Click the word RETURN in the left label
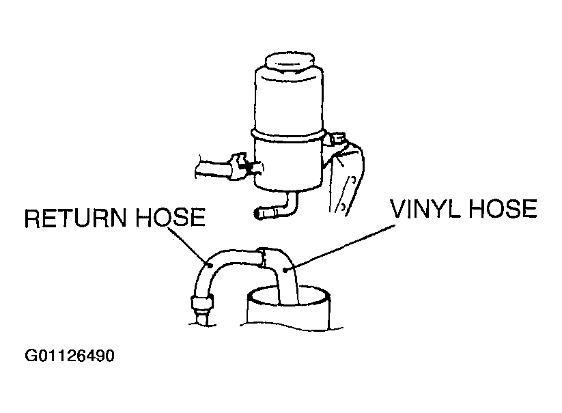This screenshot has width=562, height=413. pyautogui.click(x=75, y=218)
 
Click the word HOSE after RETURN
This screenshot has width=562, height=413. pyautogui.click(x=171, y=218)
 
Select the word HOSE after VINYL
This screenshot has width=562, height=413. pyautogui.click(x=503, y=208)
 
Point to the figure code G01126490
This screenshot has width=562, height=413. pyautogui.click(x=70, y=356)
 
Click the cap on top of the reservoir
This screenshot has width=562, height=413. pyautogui.click(x=290, y=63)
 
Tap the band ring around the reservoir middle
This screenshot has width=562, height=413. pyautogui.click(x=289, y=135)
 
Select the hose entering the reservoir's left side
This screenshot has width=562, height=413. pyautogui.click(x=213, y=169)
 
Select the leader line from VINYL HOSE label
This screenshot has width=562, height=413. pyautogui.click(x=340, y=247)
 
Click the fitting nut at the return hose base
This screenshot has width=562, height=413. pyautogui.click(x=203, y=303)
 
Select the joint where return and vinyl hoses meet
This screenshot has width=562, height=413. pyautogui.click(x=263, y=258)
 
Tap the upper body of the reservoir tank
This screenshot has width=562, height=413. pyautogui.click(x=289, y=100)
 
